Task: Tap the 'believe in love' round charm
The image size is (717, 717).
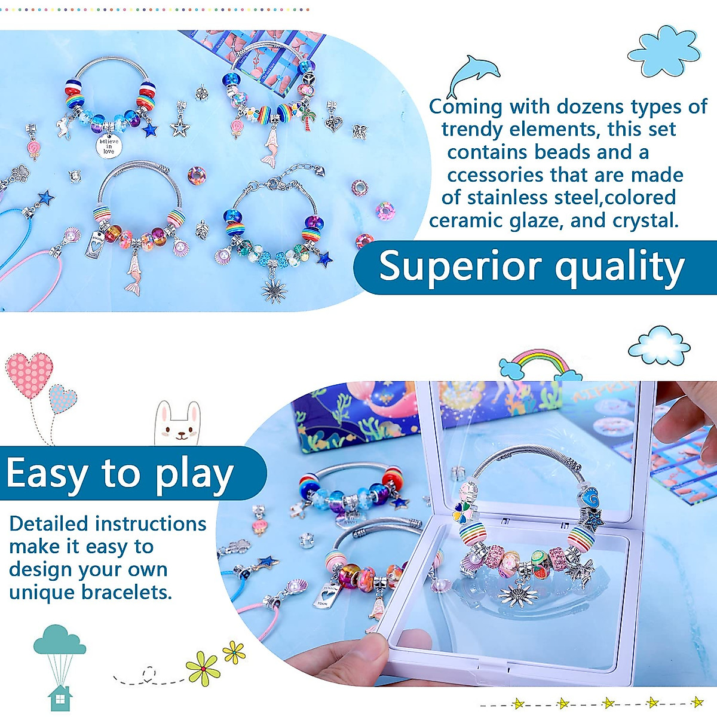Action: coord(109,146)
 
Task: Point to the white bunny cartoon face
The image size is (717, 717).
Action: coord(178,424)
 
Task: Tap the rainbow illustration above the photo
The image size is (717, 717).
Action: coord(540,364)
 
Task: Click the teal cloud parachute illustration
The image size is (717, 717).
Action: coord(60,654)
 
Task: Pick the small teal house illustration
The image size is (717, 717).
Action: coord(60,698)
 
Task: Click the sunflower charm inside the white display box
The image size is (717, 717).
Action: coord(517,595)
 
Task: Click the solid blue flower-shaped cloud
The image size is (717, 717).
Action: coord(664,51)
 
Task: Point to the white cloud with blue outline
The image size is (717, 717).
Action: coord(659,345)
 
